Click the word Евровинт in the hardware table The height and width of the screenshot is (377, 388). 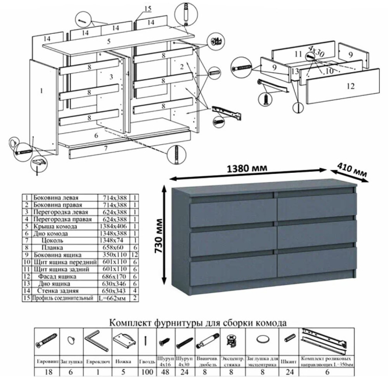(x=48, y=360)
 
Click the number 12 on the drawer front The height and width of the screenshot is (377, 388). (x=349, y=86)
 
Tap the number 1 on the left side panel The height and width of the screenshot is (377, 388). (x=42, y=91)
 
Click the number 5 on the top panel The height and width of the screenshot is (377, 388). (x=108, y=41)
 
